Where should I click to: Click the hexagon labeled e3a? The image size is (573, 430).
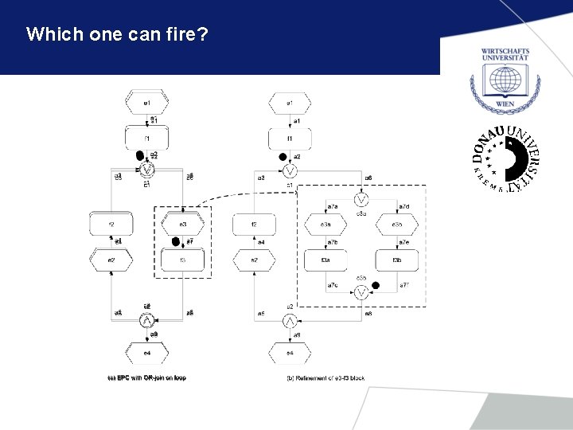(326, 225)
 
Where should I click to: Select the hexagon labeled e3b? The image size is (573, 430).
(396, 225)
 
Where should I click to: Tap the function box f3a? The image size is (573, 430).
(326, 260)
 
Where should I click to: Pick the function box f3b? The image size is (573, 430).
(396, 260)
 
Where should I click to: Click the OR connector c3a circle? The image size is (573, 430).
(361, 198)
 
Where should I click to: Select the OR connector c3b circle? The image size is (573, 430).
(361, 293)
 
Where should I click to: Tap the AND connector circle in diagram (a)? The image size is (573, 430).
(146, 321)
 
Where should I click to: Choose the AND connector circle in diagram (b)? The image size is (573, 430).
(290, 321)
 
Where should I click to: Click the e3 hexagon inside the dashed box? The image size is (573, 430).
(183, 225)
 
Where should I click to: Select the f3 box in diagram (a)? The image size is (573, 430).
(183, 260)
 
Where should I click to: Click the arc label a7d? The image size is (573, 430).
(404, 208)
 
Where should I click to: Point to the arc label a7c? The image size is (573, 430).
(333, 285)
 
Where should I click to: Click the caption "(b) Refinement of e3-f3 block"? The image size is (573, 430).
(325, 377)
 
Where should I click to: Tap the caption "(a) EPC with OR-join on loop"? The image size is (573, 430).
(146, 377)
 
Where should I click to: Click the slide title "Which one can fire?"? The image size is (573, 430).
(117, 35)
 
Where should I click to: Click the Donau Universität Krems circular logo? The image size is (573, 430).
(505, 159)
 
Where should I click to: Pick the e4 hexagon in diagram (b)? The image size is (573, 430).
(290, 352)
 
